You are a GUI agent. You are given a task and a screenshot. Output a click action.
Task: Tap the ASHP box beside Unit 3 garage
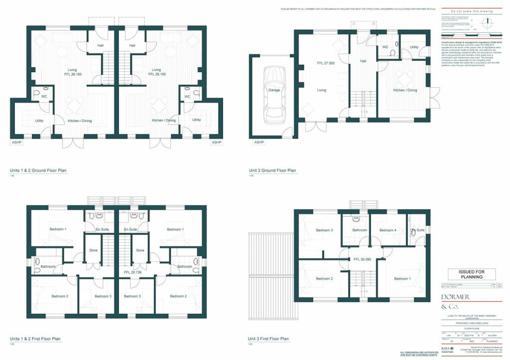pos(258,142)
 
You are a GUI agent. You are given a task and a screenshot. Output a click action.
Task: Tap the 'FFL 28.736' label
pos(132,273)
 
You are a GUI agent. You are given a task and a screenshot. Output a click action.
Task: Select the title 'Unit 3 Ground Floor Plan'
pos(272,171)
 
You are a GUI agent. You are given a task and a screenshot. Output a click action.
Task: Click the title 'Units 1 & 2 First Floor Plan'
pos(38,339)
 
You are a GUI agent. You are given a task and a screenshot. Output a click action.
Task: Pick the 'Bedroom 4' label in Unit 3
pos(388,230)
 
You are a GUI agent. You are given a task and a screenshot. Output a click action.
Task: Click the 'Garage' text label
pos(274,91)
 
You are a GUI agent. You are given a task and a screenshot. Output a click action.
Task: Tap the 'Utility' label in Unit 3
pos(414,47)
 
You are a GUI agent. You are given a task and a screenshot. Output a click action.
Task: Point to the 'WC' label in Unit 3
pos(385,47)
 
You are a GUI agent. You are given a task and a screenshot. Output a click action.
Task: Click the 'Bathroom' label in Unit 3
pos(360,230)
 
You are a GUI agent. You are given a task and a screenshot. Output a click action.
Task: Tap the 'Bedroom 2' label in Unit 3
pos(324,278)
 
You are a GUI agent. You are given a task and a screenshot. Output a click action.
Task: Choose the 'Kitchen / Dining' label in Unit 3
pos(405,90)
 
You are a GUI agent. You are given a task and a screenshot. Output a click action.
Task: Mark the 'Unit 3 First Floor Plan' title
pos(268,339)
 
